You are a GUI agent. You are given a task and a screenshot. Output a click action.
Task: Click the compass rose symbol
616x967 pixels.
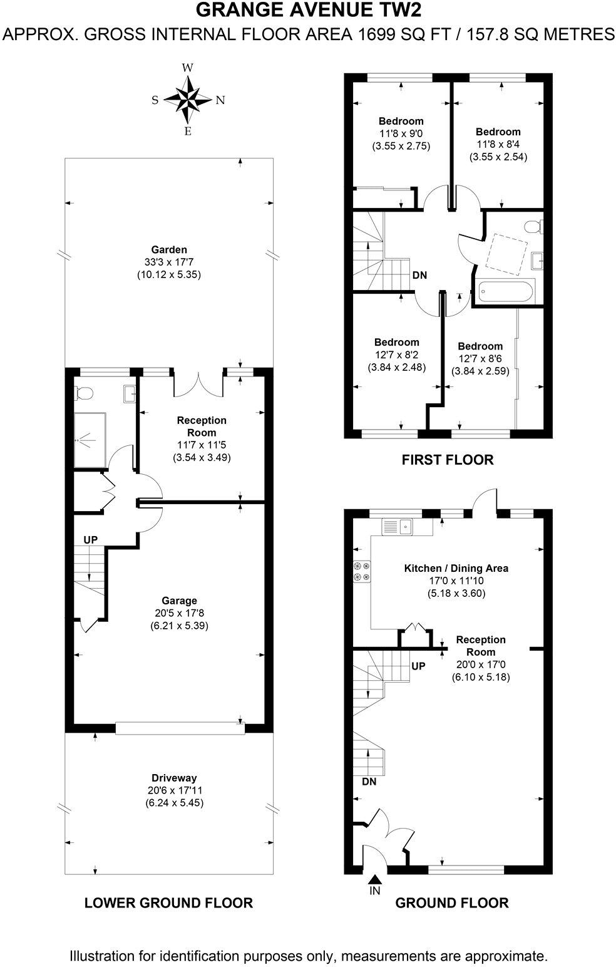pyautogui.click(x=187, y=100)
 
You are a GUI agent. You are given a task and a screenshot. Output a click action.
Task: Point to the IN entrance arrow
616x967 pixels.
pyautogui.click(x=374, y=881)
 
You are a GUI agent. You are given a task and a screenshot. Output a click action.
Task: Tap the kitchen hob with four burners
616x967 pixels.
pyautogui.click(x=362, y=570)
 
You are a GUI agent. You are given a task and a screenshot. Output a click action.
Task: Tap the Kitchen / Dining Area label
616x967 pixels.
pyautogui.click(x=456, y=568)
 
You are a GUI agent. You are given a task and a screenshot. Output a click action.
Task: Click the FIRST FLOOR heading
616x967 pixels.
pyautogui.click(x=447, y=460)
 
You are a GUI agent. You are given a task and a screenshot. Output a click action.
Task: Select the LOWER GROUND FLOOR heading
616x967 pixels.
pyautogui.click(x=168, y=902)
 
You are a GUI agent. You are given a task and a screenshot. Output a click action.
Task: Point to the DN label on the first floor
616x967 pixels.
pyautogui.click(x=419, y=275)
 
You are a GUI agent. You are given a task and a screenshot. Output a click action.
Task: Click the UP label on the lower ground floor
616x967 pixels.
pyautogui.click(x=91, y=539)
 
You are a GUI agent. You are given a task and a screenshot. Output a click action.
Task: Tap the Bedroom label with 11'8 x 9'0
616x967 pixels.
pyautogui.click(x=401, y=121)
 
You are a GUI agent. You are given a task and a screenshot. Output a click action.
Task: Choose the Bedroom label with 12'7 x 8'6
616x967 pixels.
pyautogui.click(x=480, y=346)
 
